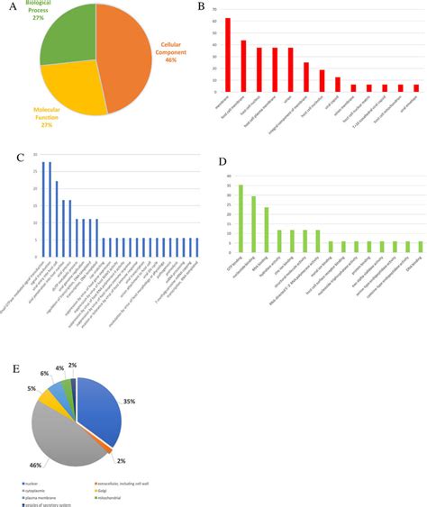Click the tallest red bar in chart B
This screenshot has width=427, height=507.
coord(227,54)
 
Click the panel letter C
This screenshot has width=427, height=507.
coord(20,158)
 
